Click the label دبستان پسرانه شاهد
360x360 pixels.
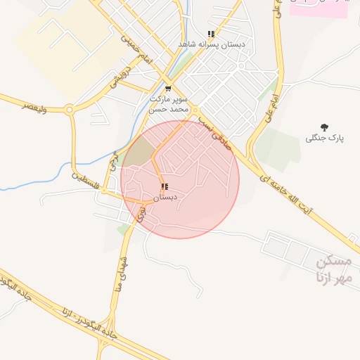pyautogui.click(x=212, y=44)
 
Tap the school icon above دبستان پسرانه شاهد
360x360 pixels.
pyautogui.click(x=211, y=34)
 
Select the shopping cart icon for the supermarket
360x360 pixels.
pyautogui.click(x=167, y=89)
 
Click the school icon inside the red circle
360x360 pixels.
pyautogui.click(x=165, y=187)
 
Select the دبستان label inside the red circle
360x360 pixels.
pyautogui.click(x=165, y=198)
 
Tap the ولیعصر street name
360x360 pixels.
pyautogui.click(x=34, y=105)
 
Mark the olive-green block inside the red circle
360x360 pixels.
pyautogui.click(x=138, y=152)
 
